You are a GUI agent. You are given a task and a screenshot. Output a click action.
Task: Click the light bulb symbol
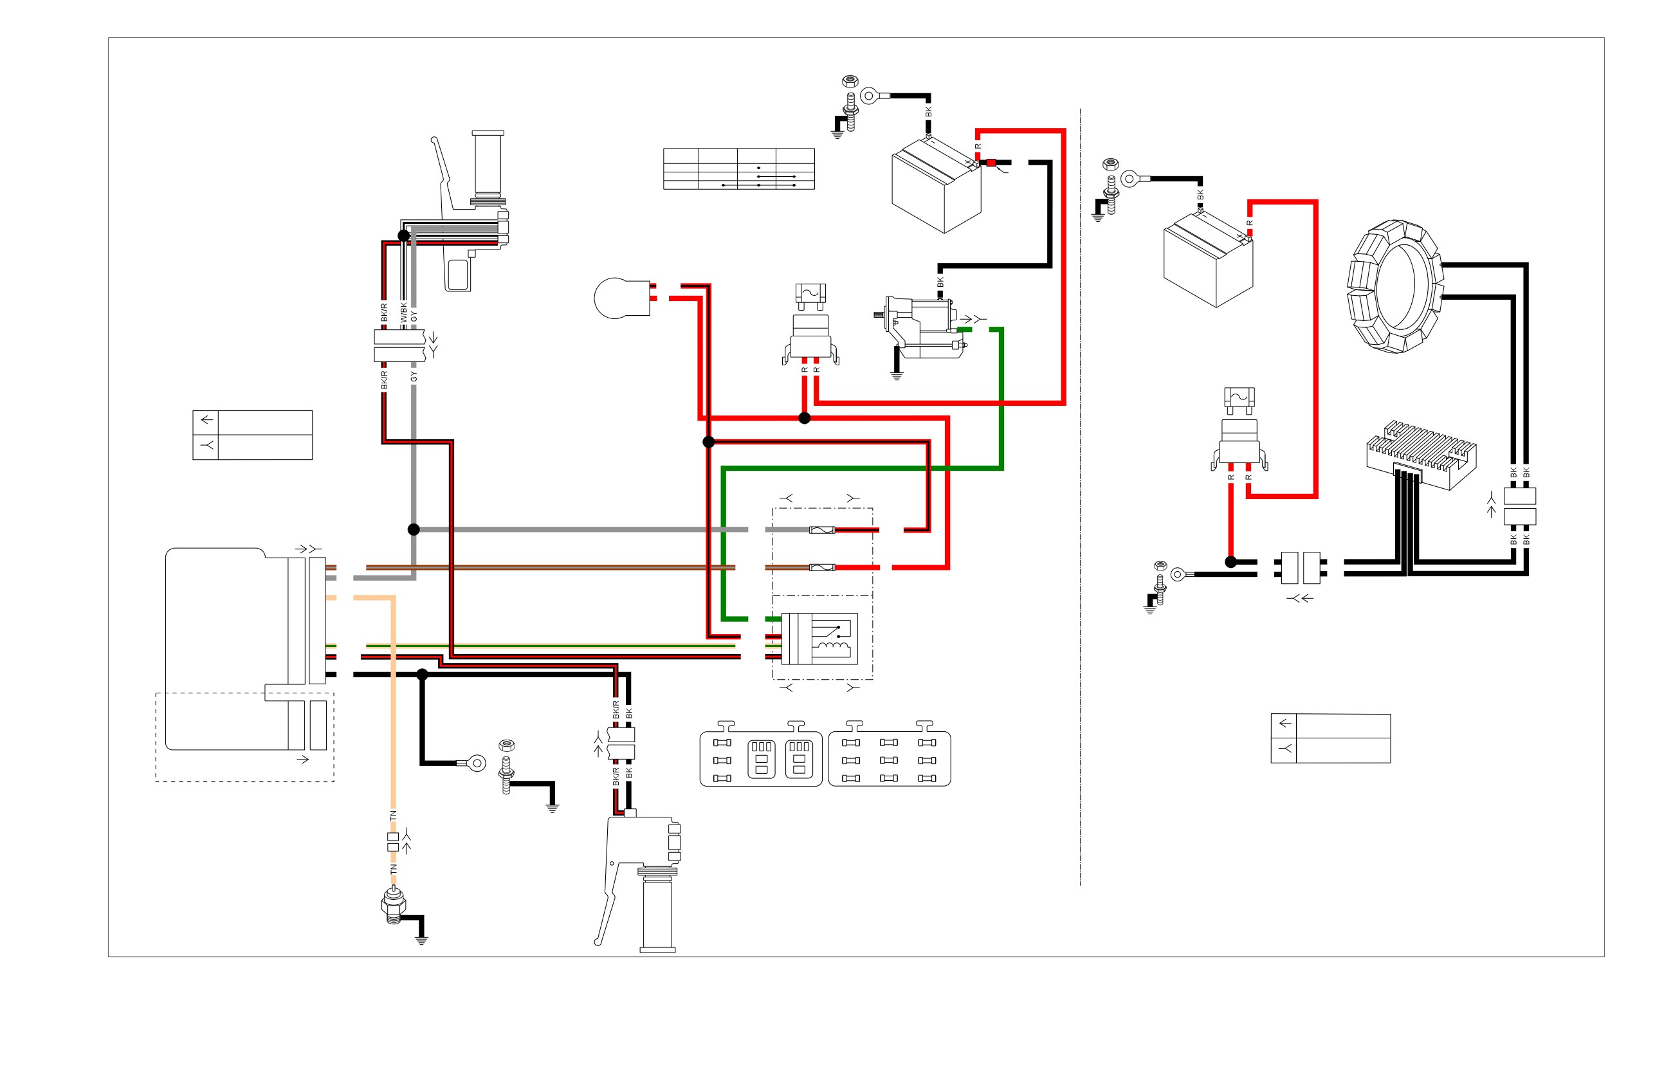tap(621, 298)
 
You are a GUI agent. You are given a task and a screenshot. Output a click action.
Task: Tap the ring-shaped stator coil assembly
tap(1395, 287)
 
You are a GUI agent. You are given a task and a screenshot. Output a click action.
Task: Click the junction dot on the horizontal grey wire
tap(414, 530)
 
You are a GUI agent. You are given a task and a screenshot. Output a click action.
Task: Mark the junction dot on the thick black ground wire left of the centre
tap(423, 675)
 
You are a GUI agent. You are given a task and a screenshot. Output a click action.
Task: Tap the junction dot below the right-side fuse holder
tap(1231, 562)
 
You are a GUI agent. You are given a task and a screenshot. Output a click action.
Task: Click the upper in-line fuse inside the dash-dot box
tap(822, 530)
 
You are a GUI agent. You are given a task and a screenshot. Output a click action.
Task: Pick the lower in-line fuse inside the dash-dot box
tap(822, 568)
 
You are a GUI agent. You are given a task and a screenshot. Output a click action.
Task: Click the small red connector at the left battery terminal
tap(991, 163)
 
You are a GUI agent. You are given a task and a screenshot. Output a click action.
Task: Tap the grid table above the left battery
tap(739, 169)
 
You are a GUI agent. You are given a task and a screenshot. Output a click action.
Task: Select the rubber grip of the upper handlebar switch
tap(488, 163)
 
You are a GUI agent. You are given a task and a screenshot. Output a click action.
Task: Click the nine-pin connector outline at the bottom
tap(890, 759)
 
